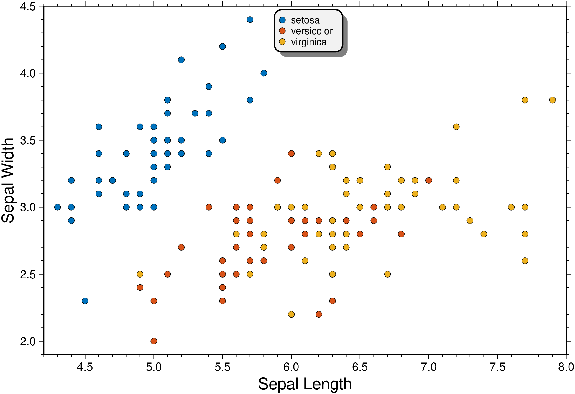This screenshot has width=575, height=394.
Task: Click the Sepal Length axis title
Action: coord(305,384)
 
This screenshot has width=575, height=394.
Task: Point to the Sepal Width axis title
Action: coord(8,180)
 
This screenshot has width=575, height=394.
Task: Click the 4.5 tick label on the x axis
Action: coord(85,367)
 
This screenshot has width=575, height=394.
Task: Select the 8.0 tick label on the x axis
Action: coord(566,367)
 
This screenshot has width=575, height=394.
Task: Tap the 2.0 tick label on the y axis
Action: coord(28,341)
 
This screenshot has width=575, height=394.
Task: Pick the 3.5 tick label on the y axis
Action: coord(28,140)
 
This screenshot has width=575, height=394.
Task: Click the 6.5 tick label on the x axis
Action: coord(360,367)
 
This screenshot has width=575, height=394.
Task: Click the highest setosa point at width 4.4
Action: coord(250,20)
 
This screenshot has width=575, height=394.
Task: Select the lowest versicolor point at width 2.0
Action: coord(154,341)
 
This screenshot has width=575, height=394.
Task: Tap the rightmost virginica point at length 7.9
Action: coord(552,100)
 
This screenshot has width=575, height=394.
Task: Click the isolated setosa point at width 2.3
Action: coord(85,301)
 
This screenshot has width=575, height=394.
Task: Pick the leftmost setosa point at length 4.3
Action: coord(57,207)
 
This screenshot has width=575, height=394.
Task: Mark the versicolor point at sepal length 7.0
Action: coord(429,180)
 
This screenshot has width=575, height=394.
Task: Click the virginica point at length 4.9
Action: coord(140,274)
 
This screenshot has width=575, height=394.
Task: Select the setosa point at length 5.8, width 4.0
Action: coord(264,73)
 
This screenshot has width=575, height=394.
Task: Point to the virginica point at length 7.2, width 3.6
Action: coord(456,127)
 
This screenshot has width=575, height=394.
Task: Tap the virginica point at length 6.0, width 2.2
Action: coord(291,314)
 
